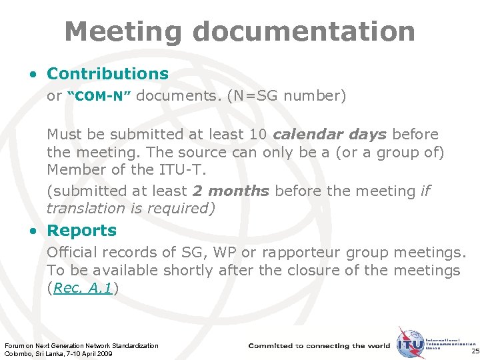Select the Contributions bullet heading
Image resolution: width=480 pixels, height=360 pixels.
coord(107,73)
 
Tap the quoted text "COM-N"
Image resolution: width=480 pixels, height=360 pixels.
coord(99,97)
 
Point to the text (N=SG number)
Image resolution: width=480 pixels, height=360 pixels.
coord(287,96)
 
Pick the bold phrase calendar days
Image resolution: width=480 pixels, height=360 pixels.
coord(329,134)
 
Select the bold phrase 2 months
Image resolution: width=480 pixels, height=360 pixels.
coord(231,191)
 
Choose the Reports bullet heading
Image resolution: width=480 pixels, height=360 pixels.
coord(81,231)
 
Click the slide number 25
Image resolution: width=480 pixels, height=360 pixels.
coord(474,351)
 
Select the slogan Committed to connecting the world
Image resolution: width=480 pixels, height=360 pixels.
coord(319,346)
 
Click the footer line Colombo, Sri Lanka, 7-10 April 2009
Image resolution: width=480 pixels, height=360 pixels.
coord(59,353)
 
